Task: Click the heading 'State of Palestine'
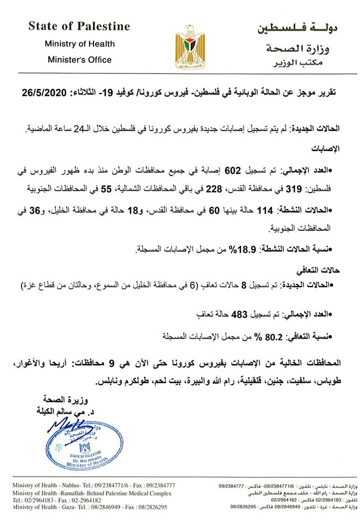pos(80,26)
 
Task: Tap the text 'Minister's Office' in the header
pos(80,60)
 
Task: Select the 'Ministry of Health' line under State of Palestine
pos(80,43)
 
